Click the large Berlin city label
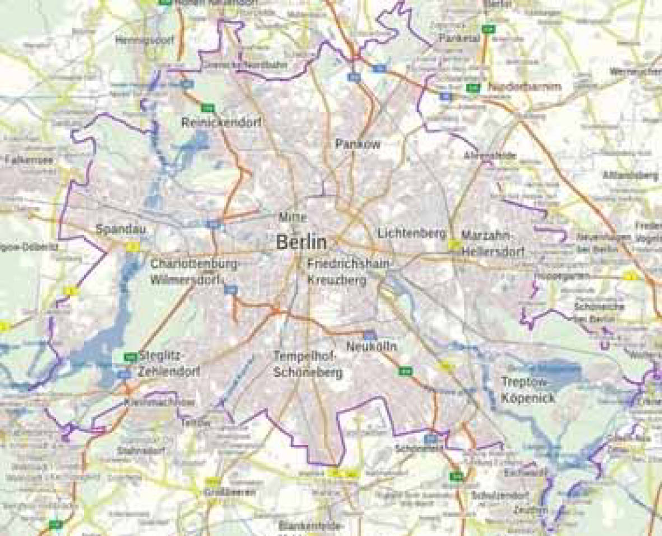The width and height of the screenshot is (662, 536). point(301,242)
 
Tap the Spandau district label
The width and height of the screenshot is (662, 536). point(116,229)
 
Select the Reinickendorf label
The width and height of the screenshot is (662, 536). point(221,123)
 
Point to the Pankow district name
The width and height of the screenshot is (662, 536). point(358,144)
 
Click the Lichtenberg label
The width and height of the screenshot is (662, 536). point(411,233)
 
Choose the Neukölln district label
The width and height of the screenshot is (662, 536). point(371,347)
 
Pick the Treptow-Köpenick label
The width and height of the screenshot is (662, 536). point(528,390)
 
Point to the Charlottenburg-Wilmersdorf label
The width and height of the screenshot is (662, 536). point(194,271)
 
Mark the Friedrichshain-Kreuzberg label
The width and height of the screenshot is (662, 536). point(346,271)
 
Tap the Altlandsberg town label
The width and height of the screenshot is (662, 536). point(629,175)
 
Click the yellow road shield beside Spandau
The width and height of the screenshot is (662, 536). point(132,246)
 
